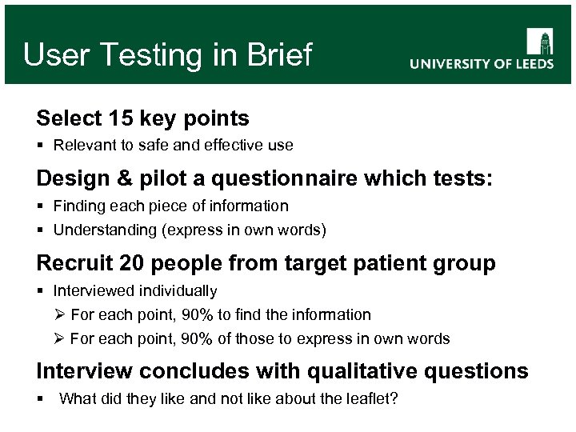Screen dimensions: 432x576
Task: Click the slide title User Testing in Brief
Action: [x=167, y=55]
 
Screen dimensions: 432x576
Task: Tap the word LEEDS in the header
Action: [x=529, y=65]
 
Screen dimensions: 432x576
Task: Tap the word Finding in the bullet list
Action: [x=78, y=206]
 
